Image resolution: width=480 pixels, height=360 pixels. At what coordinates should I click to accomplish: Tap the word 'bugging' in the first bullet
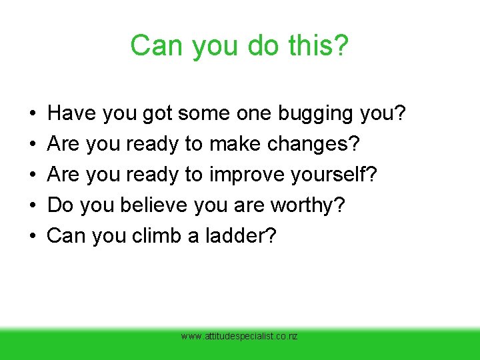tap(316, 114)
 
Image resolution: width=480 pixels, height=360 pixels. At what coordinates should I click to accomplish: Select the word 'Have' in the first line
tap(70, 113)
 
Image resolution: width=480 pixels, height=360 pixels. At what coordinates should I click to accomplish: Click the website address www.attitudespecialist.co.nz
tap(239, 337)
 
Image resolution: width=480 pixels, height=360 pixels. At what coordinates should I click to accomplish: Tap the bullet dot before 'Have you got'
tap(32, 114)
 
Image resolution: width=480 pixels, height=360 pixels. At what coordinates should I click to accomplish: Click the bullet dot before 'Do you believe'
tap(32, 205)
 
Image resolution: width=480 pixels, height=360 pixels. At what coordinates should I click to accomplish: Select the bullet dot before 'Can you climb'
tap(32, 235)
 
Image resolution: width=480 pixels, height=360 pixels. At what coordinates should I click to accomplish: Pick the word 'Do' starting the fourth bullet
tap(61, 205)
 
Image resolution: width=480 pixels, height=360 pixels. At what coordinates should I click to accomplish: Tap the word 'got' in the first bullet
tap(158, 114)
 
